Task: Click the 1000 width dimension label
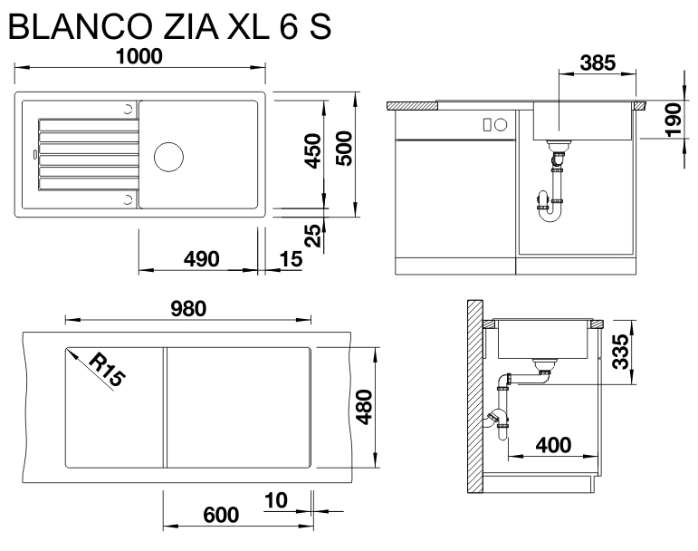tap(139, 56)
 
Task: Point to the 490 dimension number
tap(201, 259)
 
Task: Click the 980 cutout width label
tap(188, 308)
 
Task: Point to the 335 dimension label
tap(619, 351)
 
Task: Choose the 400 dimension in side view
tap(553, 445)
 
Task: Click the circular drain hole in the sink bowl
tap(169, 155)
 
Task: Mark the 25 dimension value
tap(312, 237)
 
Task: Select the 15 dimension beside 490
tap(290, 259)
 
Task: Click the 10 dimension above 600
tap(276, 501)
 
